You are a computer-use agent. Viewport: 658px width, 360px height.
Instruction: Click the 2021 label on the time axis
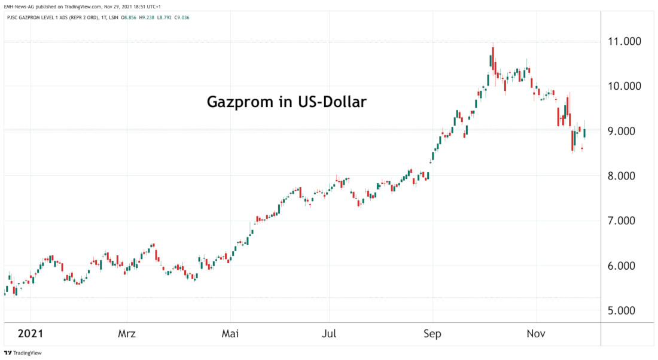coord(30,333)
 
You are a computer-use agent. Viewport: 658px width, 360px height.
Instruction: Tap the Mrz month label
coord(127,333)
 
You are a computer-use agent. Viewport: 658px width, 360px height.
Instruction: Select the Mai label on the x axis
coord(230,333)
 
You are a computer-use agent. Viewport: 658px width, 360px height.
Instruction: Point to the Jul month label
coord(329,333)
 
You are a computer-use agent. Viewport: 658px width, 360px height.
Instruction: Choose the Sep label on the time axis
coord(432,333)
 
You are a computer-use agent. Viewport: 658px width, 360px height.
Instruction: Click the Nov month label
coord(536,333)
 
